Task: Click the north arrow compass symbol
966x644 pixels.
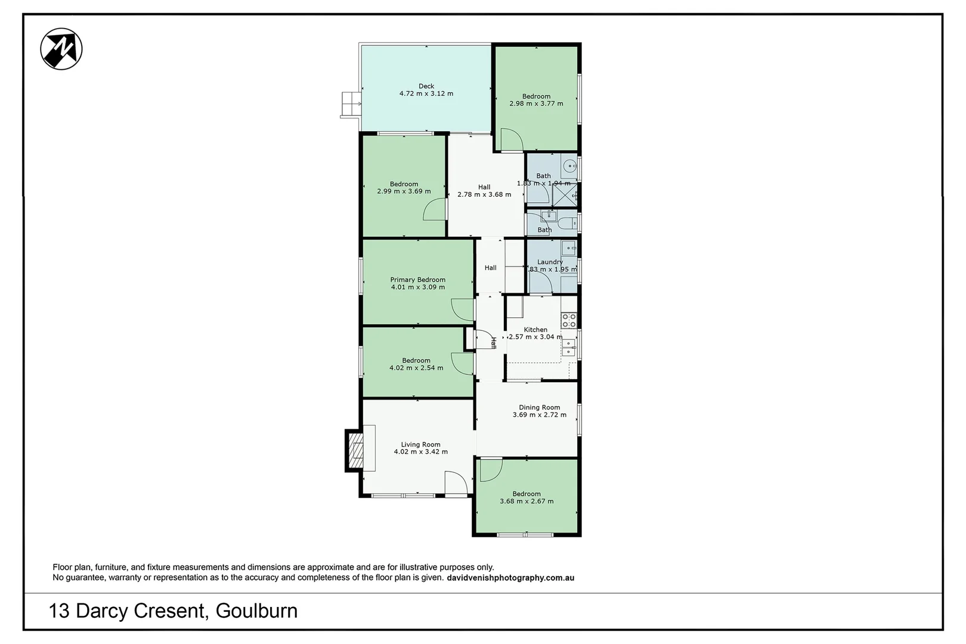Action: click(x=61, y=49)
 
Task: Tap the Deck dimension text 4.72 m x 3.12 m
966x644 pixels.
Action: click(x=426, y=94)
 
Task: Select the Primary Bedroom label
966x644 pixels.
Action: click(x=417, y=280)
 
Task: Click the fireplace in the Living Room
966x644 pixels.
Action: click(x=355, y=451)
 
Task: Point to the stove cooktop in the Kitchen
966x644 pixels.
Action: click(x=568, y=320)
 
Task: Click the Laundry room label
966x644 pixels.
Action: click(x=549, y=262)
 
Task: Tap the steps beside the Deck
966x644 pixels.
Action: click(x=351, y=104)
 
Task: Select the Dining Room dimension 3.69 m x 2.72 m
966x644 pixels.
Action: click(x=539, y=415)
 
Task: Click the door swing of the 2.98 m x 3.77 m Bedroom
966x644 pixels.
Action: click(x=511, y=140)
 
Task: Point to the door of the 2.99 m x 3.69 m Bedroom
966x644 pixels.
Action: click(x=435, y=210)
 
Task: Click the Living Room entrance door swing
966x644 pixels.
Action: click(x=455, y=482)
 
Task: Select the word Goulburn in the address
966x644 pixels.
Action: click(x=256, y=611)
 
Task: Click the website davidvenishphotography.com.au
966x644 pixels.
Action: click(x=510, y=578)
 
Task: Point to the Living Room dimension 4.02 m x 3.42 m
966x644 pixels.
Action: click(x=420, y=452)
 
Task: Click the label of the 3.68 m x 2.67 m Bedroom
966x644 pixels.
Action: click(x=526, y=494)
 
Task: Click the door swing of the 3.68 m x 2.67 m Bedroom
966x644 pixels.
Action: click(x=491, y=470)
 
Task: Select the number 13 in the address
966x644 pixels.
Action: click(x=59, y=611)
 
